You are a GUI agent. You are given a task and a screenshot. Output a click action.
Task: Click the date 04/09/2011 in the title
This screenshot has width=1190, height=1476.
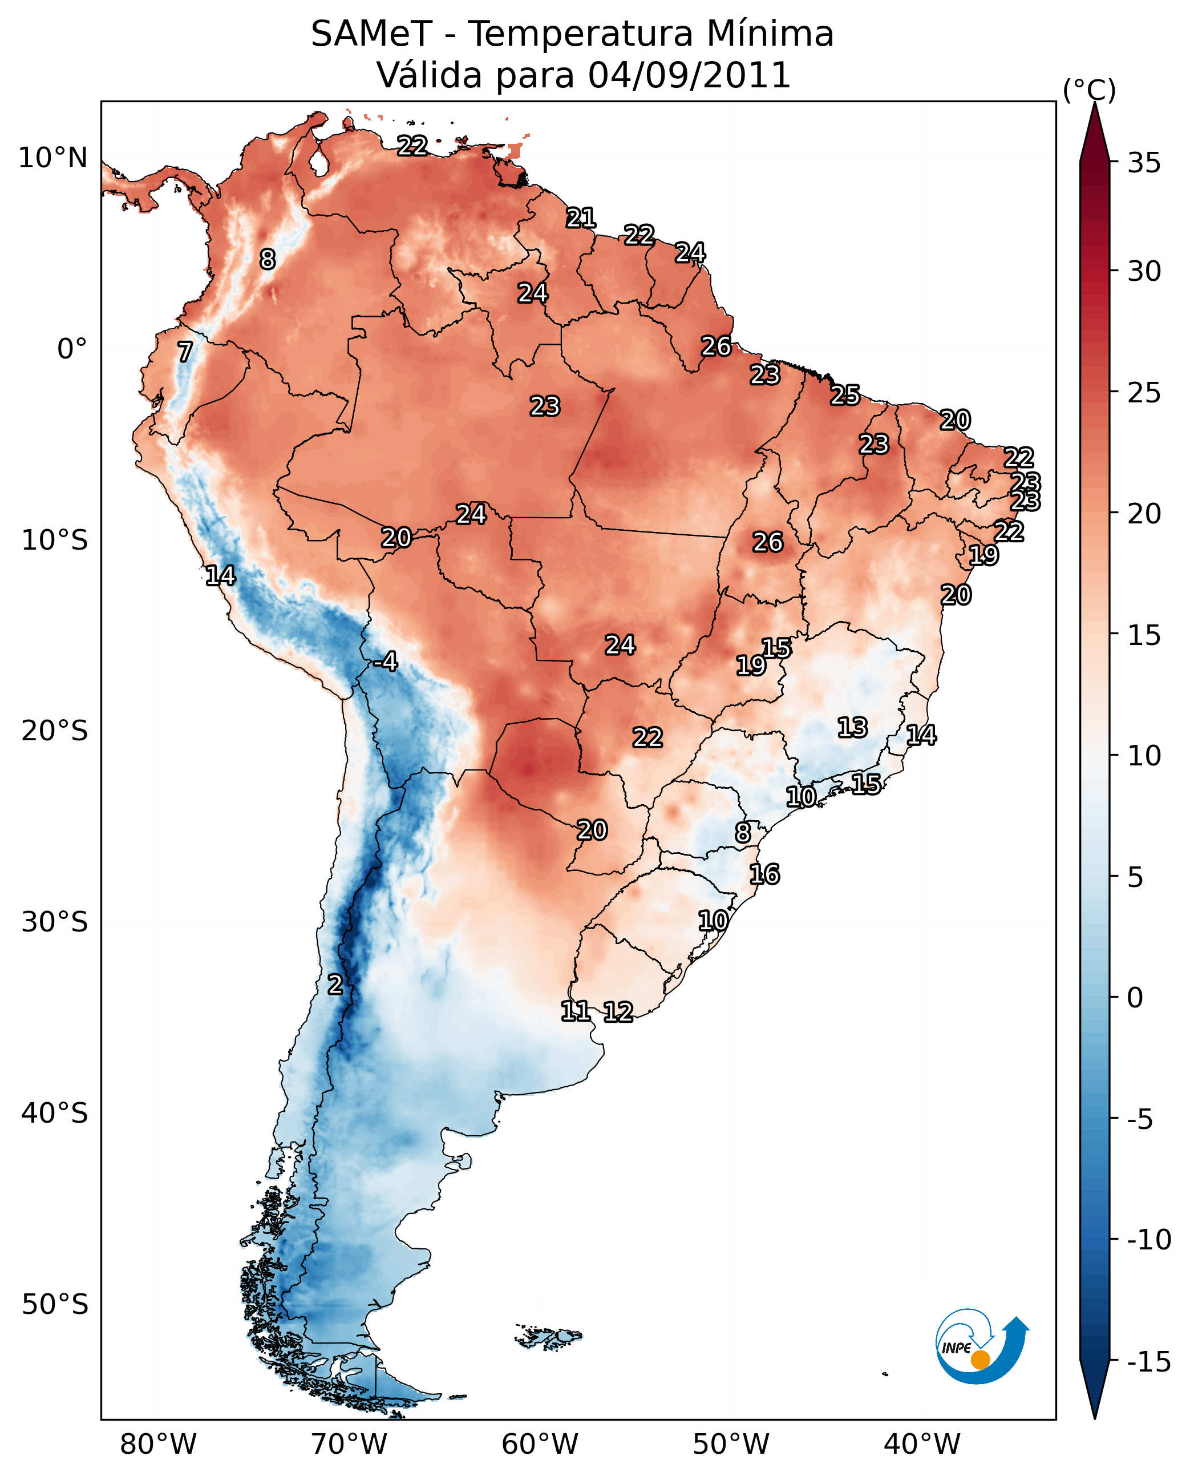[x=689, y=75]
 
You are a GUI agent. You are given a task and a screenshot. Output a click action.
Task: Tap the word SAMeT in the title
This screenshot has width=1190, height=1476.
[x=371, y=34]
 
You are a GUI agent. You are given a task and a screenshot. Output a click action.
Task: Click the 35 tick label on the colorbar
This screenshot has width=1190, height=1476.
[x=1144, y=163]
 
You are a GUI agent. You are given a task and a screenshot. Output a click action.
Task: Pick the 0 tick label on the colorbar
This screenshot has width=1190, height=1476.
[x=1135, y=997]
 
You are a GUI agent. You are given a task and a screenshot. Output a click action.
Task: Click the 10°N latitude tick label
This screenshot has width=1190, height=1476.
[x=53, y=159]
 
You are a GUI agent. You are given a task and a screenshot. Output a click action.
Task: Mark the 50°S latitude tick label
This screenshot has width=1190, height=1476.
[x=55, y=1305]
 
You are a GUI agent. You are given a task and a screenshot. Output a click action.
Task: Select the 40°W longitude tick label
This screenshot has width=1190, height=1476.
[x=921, y=1445]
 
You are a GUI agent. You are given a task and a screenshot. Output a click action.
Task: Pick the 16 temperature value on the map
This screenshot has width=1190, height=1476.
[x=764, y=874]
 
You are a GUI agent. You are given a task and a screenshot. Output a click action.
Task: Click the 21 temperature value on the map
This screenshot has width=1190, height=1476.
[x=581, y=218]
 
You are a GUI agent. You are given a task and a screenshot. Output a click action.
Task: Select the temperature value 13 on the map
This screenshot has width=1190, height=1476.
[x=852, y=728]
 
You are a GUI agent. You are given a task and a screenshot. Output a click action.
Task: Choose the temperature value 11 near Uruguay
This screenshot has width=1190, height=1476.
[x=575, y=1011]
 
